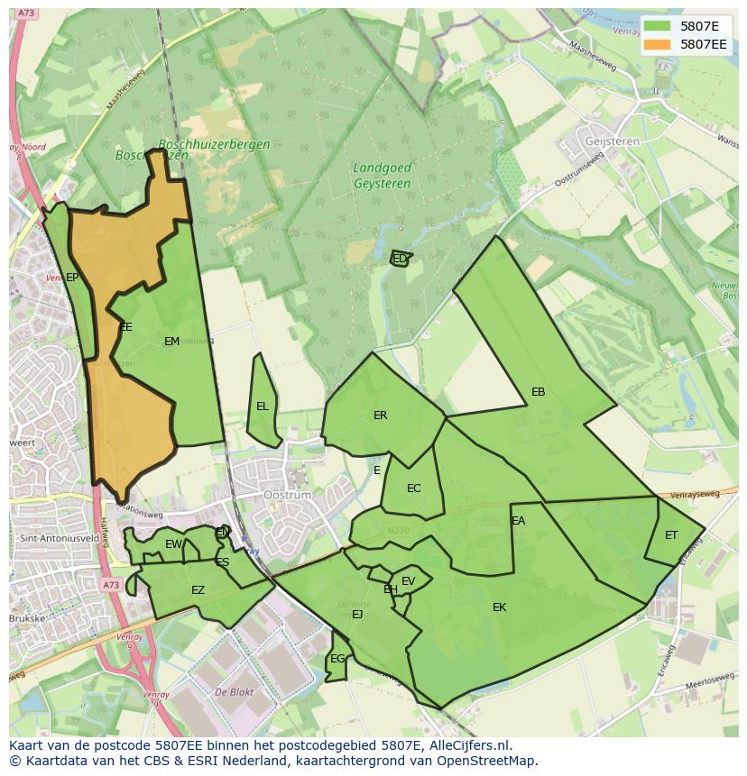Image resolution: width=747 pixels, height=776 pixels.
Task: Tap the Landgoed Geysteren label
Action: point(382,176)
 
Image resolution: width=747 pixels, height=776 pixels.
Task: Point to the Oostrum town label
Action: point(287,495)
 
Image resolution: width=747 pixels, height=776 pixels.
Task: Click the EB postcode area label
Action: point(538,392)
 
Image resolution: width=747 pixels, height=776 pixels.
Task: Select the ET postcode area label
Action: point(671,535)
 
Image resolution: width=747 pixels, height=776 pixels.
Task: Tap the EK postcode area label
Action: point(499,607)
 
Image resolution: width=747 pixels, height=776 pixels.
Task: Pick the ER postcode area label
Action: point(380,415)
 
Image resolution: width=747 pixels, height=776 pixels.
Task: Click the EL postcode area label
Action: point(262,406)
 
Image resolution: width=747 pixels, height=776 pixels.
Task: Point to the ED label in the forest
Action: point(399,259)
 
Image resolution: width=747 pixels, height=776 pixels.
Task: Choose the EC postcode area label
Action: point(413,488)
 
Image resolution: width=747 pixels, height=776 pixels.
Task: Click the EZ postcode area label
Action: point(198,590)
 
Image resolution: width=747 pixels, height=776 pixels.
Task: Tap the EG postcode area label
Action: point(337,659)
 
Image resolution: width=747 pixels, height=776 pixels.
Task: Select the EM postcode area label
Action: point(171,341)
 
